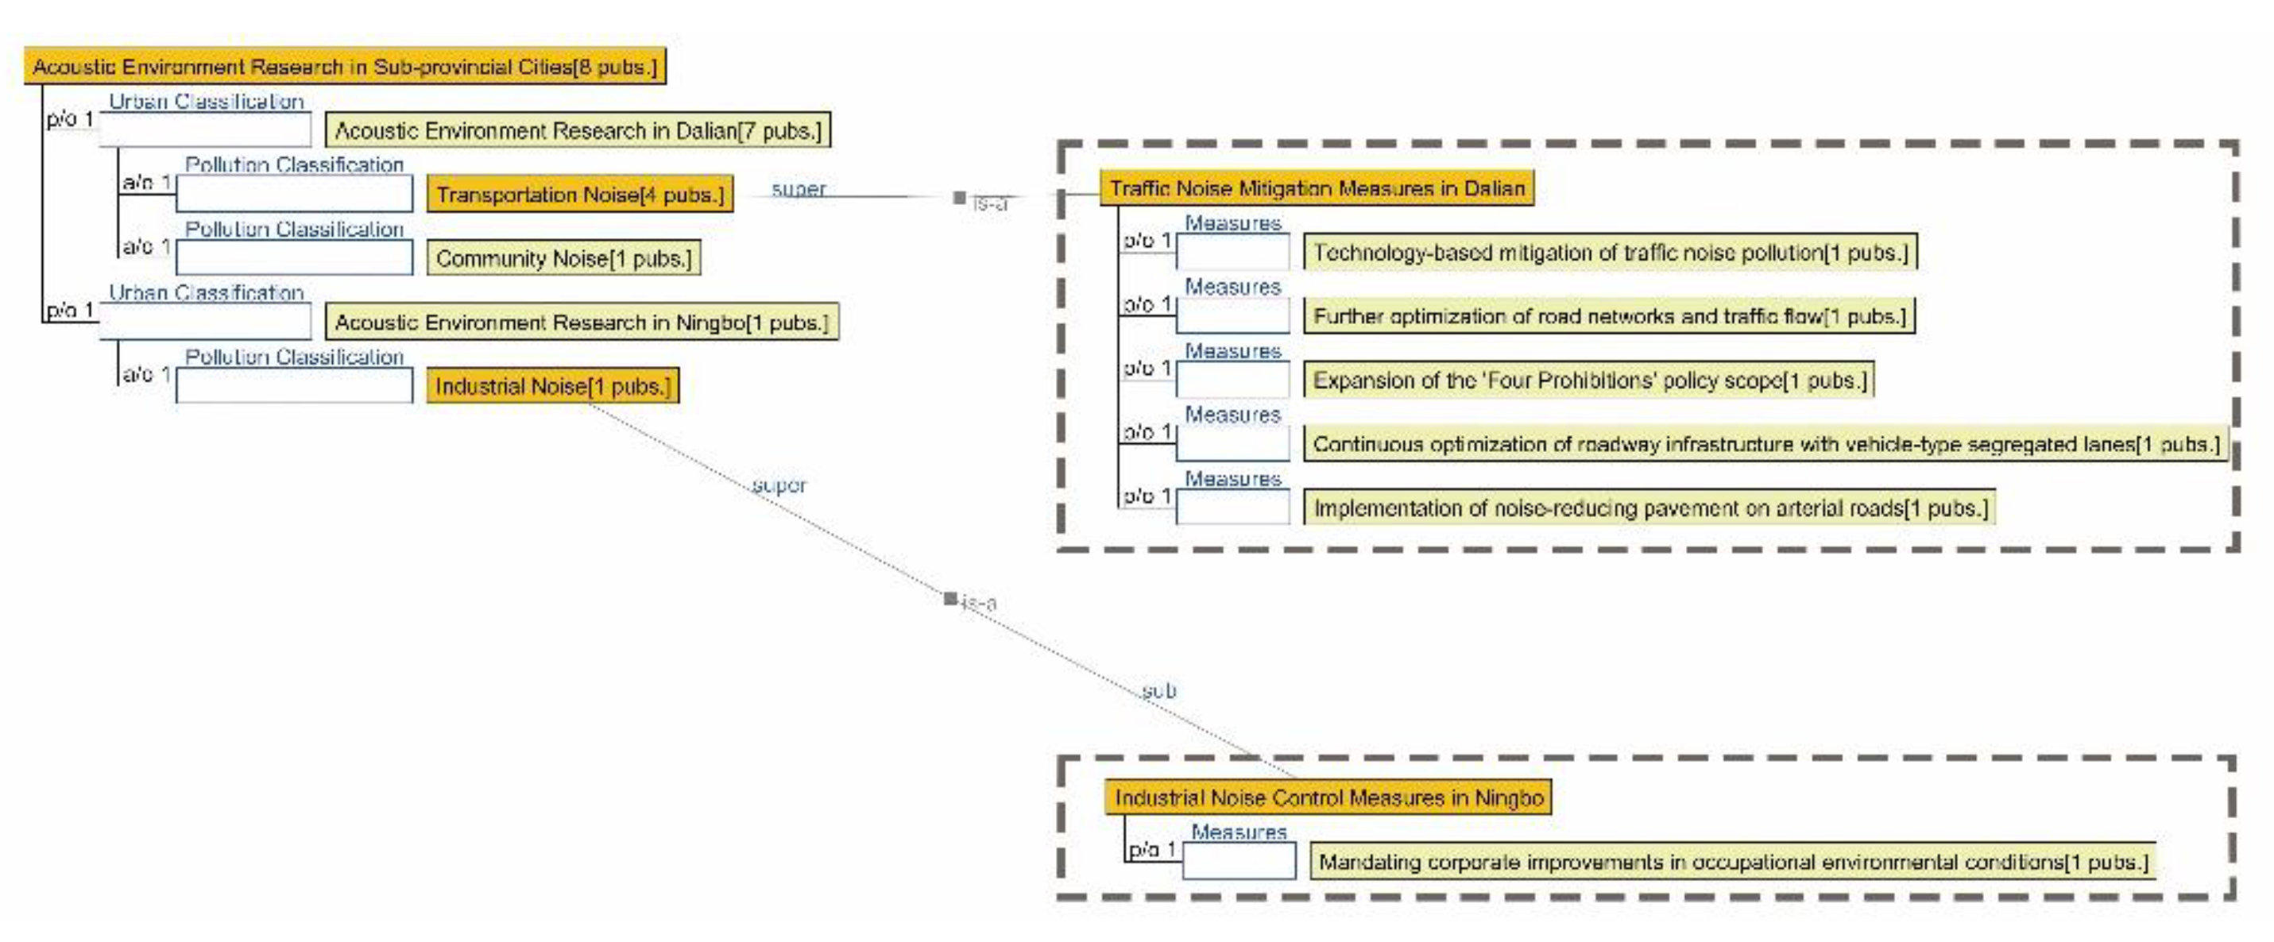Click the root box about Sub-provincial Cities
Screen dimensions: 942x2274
point(344,66)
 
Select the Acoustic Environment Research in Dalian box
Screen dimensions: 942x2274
point(578,131)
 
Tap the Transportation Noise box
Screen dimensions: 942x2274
point(579,195)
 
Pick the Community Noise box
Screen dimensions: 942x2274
point(563,258)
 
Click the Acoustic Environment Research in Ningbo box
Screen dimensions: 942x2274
point(581,322)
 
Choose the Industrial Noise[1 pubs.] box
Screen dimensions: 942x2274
point(553,386)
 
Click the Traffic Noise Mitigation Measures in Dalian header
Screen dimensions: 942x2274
point(1317,188)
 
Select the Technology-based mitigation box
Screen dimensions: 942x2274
point(1609,253)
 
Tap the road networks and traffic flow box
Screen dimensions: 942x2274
point(1608,316)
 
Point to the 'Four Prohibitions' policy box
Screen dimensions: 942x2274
point(1589,380)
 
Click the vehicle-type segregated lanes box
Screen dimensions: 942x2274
point(1765,444)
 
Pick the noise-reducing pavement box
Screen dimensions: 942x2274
point(1649,508)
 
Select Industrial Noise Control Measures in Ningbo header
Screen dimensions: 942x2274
point(1328,798)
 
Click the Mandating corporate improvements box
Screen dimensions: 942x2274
point(1732,862)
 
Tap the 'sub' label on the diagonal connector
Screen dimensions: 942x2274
point(1158,690)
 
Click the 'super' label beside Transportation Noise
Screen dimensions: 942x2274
point(798,189)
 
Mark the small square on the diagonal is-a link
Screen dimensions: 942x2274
point(949,599)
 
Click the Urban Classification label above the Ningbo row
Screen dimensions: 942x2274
point(206,292)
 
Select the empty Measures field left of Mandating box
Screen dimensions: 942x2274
point(1239,861)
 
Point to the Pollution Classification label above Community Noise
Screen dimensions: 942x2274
point(294,230)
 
